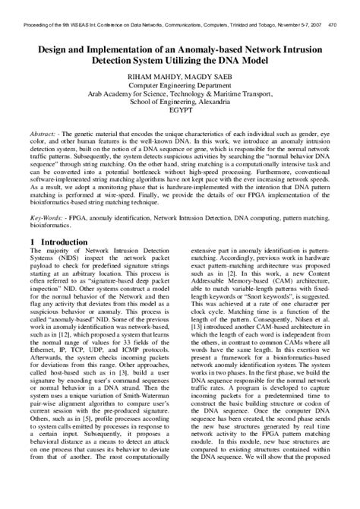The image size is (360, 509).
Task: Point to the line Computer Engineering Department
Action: (180, 85)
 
